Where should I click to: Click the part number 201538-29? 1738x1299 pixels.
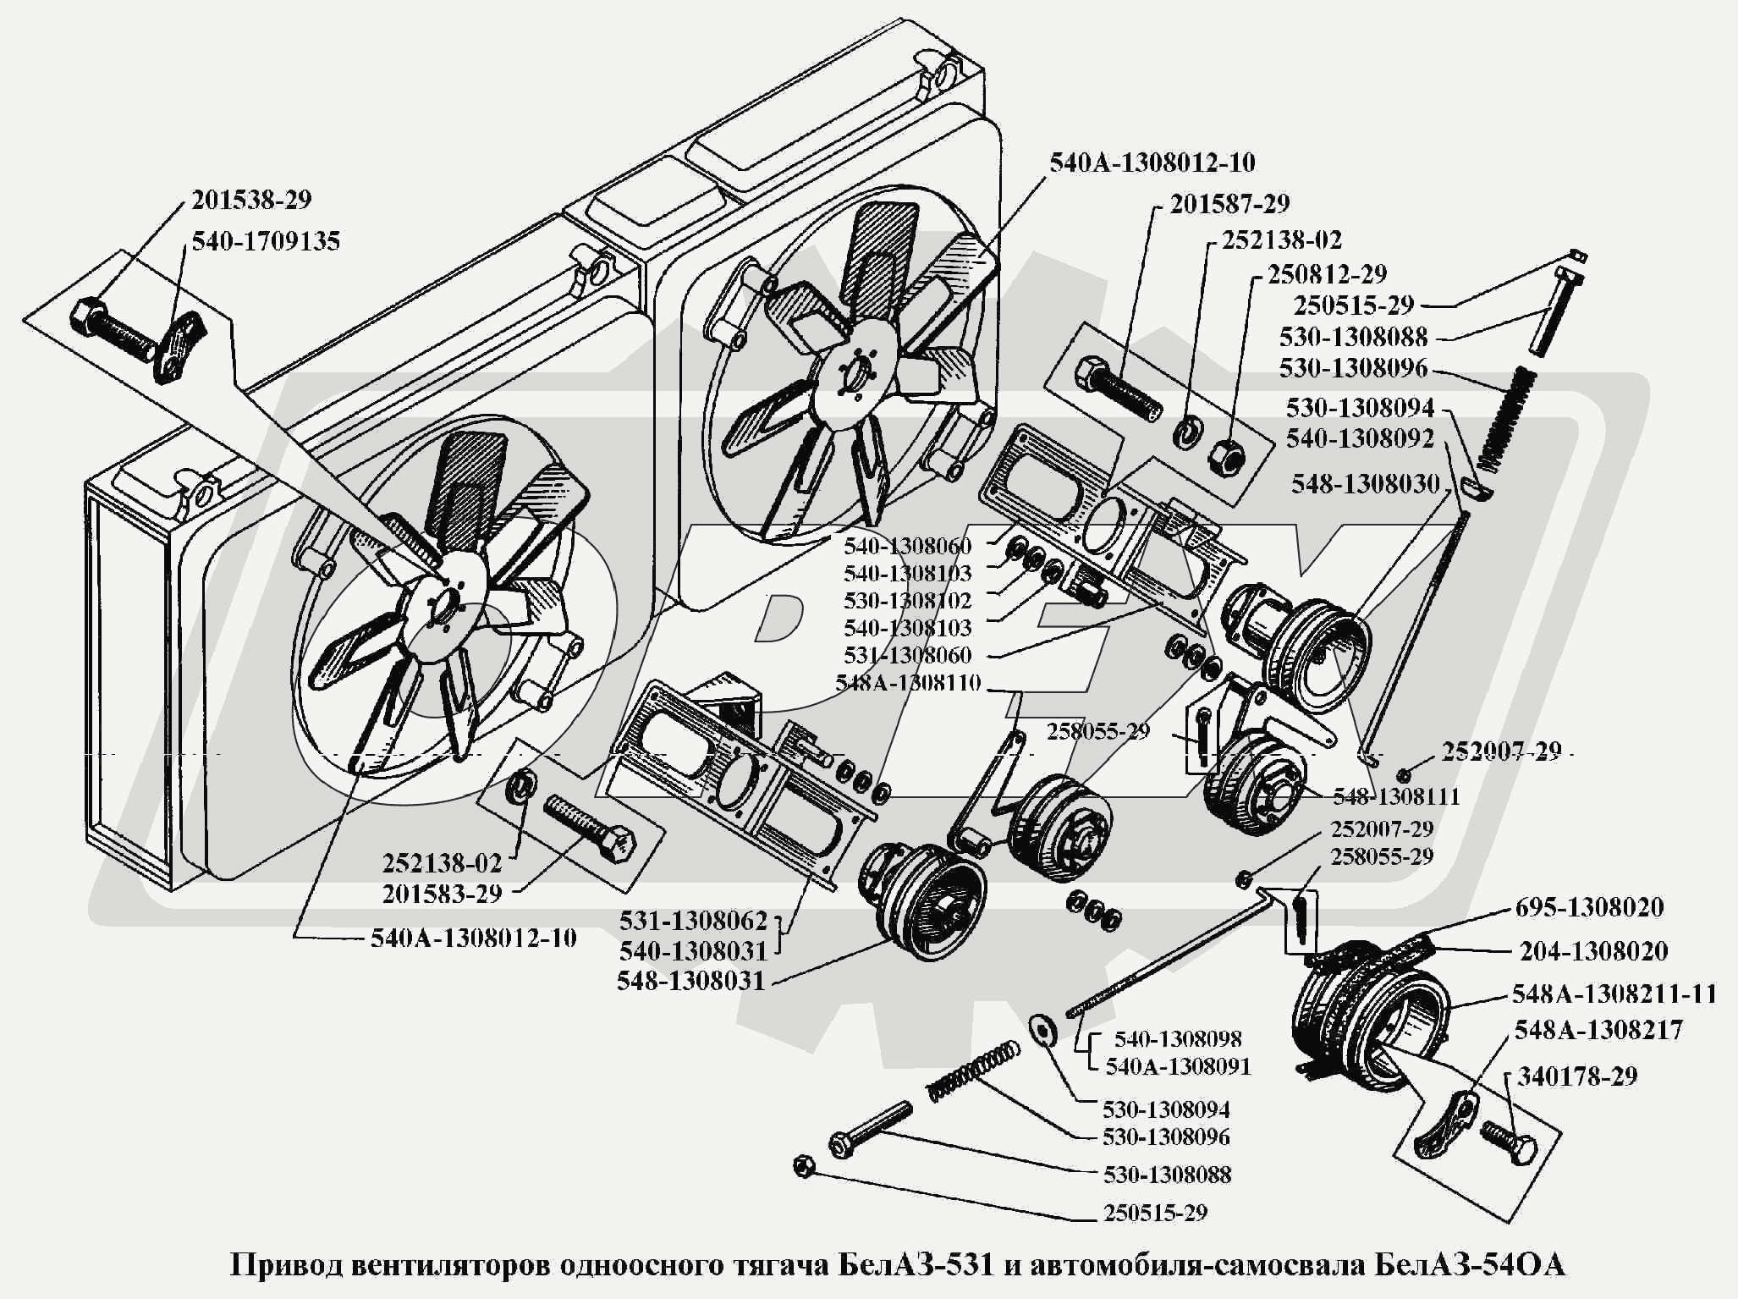click(x=251, y=201)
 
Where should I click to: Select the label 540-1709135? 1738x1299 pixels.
click(x=266, y=241)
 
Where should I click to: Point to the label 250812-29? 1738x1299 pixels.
click(x=1326, y=274)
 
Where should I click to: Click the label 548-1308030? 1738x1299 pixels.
click(x=1365, y=484)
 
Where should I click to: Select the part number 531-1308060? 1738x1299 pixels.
click(x=907, y=655)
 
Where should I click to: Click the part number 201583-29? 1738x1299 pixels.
click(x=442, y=893)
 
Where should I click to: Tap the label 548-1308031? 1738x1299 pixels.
click(x=691, y=981)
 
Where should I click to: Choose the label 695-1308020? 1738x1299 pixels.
click(x=1587, y=907)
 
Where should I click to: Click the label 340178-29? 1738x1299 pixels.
click(x=1577, y=1076)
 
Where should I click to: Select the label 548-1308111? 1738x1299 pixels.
click(x=1396, y=796)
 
